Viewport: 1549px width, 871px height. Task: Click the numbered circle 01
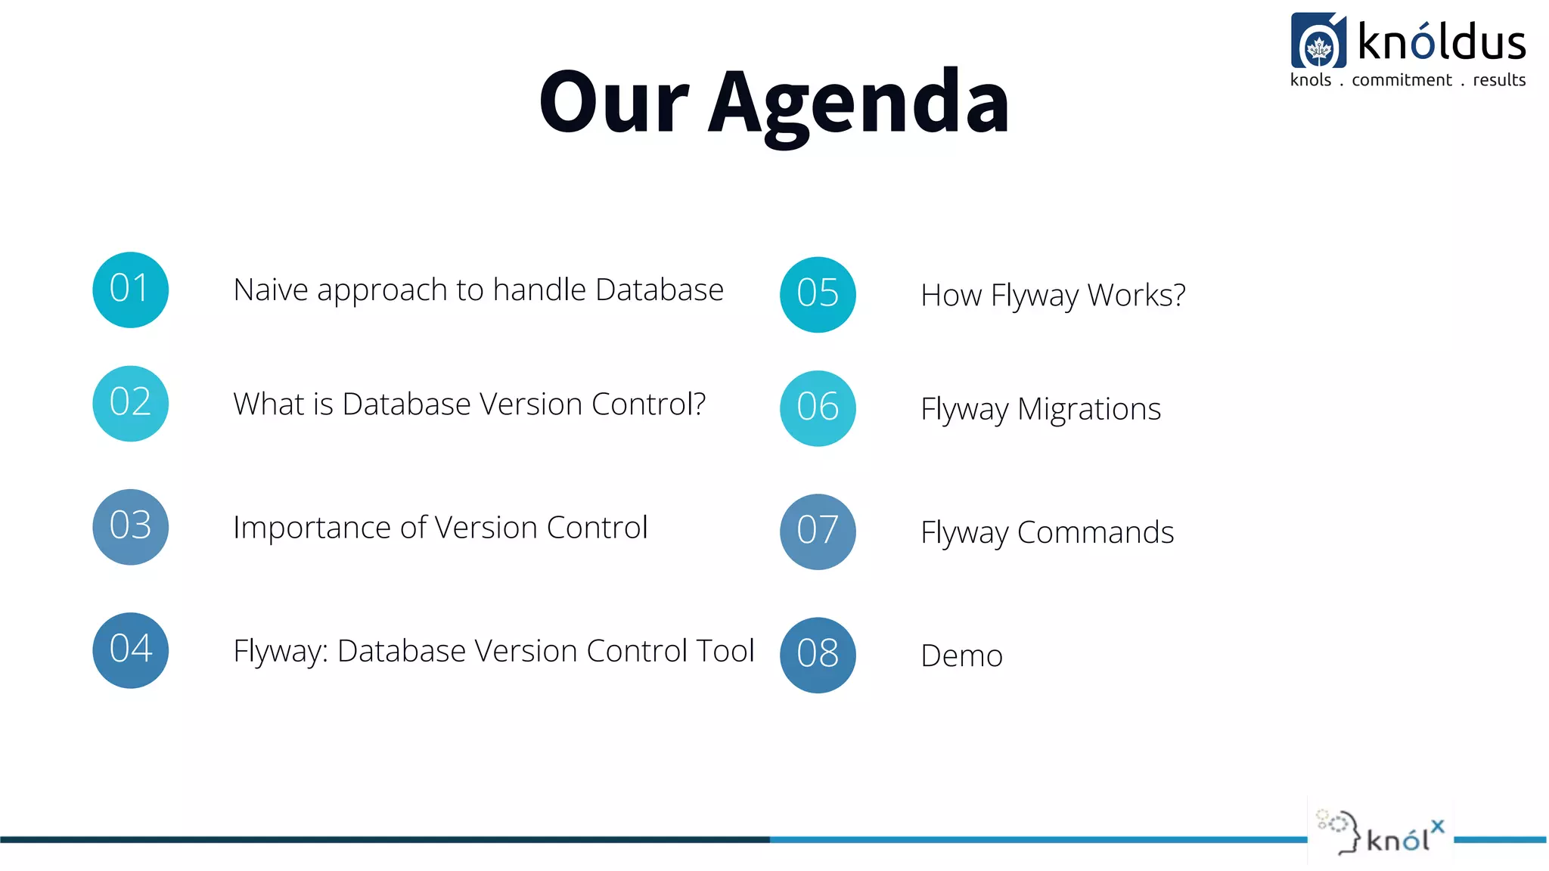pyautogui.click(x=130, y=290)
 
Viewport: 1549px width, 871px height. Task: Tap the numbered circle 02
pyautogui.click(x=130, y=404)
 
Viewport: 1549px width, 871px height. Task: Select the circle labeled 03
pyautogui.click(x=130, y=527)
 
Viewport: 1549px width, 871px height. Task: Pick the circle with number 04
pyautogui.click(x=130, y=650)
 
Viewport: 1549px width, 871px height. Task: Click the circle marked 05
pyautogui.click(x=818, y=295)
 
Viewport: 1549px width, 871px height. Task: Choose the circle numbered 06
pyautogui.click(x=818, y=408)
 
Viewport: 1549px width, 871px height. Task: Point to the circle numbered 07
pyautogui.click(x=818, y=532)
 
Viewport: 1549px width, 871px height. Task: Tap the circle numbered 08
pyautogui.click(x=818, y=655)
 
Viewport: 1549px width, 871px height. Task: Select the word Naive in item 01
pyautogui.click(x=270, y=290)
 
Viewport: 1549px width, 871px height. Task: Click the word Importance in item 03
pyautogui.click(x=312, y=528)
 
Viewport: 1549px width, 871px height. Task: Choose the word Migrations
pyautogui.click(x=1088, y=410)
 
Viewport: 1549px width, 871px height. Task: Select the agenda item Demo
pyautogui.click(x=961, y=656)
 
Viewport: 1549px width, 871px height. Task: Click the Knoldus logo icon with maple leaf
pyautogui.click(x=1318, y=41)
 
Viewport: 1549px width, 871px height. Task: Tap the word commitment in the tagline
pyautogui.click(x=1402, y=80)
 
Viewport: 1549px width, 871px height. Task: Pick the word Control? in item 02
pyautogui.click(x=648, y=405)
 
